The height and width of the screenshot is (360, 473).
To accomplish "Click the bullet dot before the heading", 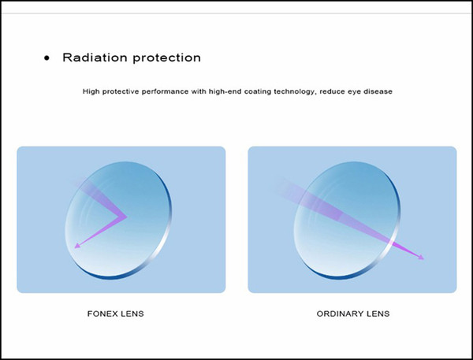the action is click(x=47, y=58).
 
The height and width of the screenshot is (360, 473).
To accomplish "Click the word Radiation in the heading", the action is click(x=95, y=58).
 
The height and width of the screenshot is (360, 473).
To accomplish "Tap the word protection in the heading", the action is click(x=167, y=58).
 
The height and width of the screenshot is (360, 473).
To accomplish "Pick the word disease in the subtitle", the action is click(x=378, y=91).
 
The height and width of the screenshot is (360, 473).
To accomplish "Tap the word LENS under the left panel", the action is click(x=132, y=314).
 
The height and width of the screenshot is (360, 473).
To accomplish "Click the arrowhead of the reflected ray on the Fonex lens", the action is click(x=77, y=246).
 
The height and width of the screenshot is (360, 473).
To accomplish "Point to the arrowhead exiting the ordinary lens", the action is click(x=421, y=257).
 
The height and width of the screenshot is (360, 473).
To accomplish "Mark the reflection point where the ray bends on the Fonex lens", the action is click(x=126, y=216).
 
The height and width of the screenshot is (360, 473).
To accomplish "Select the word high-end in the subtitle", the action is click(x=225, y=91).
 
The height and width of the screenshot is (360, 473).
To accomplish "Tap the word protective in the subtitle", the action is click(x=121, y=91).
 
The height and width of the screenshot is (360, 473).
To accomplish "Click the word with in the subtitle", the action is click(x=199, y=91).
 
